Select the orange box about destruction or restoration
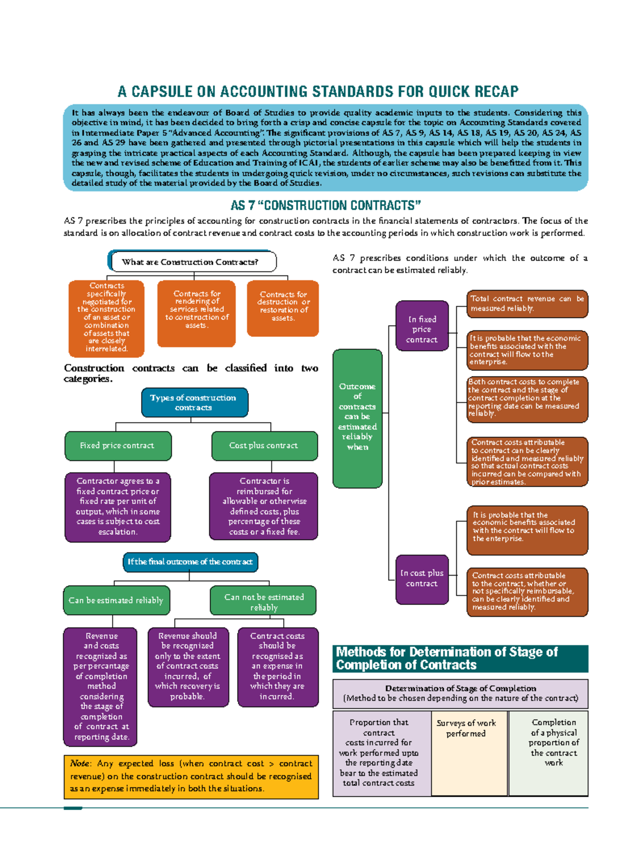click(283, 308)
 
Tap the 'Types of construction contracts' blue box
click(194, 402)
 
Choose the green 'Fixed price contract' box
click(118, 445)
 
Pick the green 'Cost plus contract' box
click(264, 445)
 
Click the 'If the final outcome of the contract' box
click(190, 562)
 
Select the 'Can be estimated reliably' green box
click(116, 600)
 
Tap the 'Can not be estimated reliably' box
click(263, 601)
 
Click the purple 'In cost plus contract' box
click(422, 579)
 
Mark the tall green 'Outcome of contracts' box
click(358, 417)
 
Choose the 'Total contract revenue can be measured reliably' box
click(527, 304)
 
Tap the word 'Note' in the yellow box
click(80, 764)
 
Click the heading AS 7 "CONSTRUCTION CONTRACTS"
click(326, 206)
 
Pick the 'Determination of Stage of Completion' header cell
click(460, 693)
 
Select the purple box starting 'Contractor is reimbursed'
click(264, 506)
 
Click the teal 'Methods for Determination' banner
click(460, 658)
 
